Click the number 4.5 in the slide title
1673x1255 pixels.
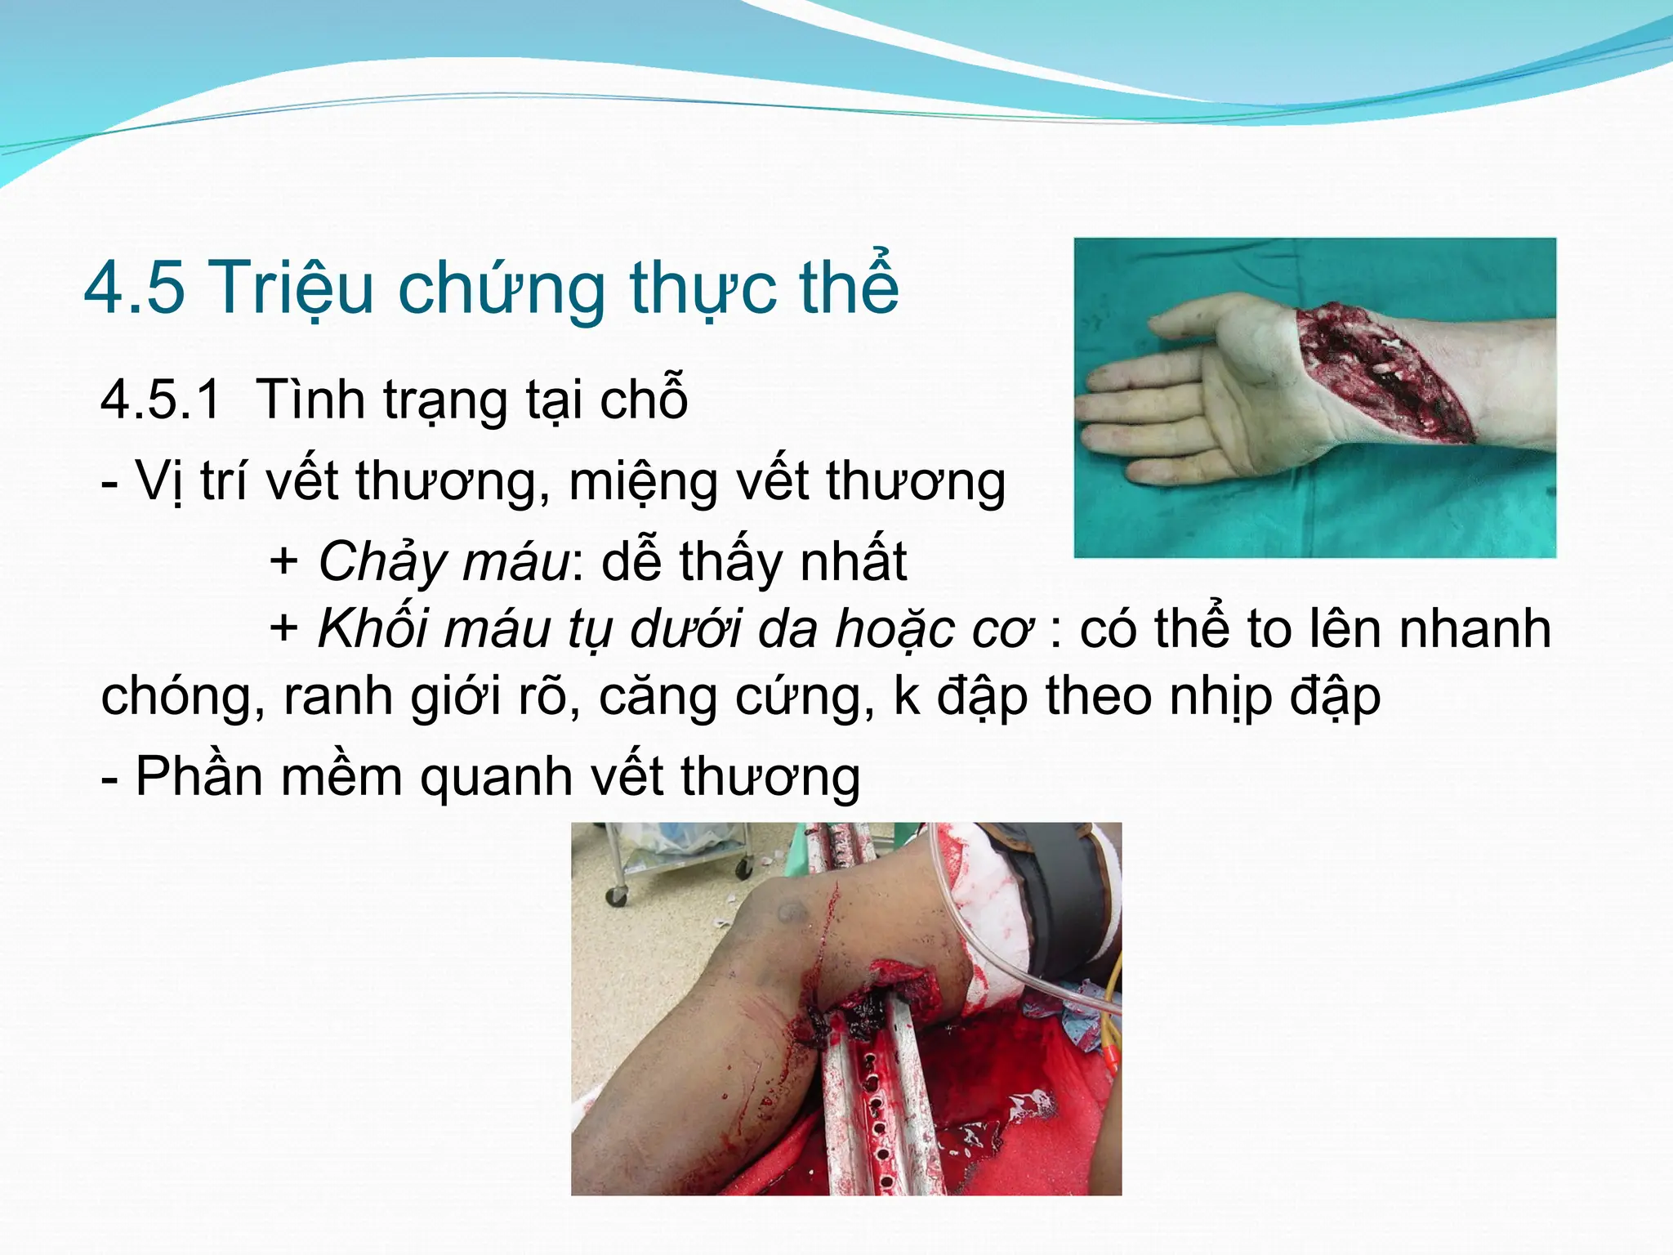(x=135, y=287)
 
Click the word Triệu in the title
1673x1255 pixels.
(x=294, y=287)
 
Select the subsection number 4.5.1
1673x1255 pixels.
(x=161, y=400)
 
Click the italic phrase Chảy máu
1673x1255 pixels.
(x=443, y=562)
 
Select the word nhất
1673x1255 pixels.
(x=853, y=562)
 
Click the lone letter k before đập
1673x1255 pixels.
(x=906, y=697)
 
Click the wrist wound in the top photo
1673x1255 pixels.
(x=1381, y=372)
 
